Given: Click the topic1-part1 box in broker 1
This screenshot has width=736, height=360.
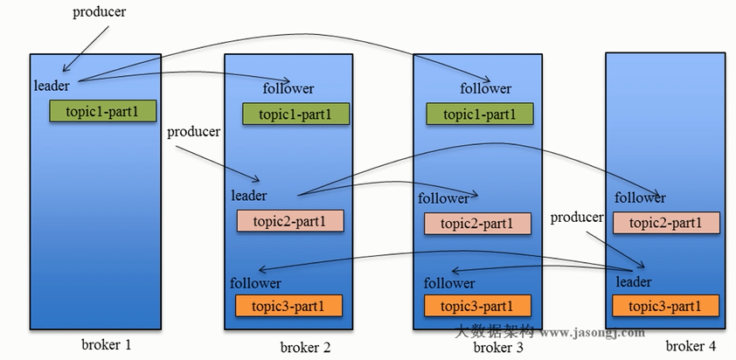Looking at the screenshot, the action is (x=103, y=111).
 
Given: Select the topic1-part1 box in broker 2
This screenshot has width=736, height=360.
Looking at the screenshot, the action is (x=295, y=114).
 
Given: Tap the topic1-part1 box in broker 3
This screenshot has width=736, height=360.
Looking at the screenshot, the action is (x=480, y=114).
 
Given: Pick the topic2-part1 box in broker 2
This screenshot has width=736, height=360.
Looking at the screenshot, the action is (x=290, y=220).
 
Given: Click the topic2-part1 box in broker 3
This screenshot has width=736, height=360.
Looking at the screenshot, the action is (x=478, y=224).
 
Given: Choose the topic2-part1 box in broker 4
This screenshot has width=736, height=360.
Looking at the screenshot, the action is (x=666, y=223).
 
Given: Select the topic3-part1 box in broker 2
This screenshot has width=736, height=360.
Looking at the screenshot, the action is (x=288, y=306).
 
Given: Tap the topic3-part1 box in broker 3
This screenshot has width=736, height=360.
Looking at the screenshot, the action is (x=478, y=306).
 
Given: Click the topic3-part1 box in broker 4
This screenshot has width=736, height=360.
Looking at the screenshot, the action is (x=665, y=306).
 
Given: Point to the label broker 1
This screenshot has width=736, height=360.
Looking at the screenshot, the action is (x=107, y=345).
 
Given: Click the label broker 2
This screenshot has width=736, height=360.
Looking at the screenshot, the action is (x=306, y=347).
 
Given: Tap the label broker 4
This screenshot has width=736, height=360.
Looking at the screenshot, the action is (x=691, y=346).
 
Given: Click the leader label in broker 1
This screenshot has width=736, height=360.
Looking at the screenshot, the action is (x=52, y=86).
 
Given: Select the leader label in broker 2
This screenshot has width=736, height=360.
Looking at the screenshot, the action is (x=249, y=195).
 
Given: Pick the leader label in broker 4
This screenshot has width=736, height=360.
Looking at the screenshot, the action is (x=634, y=281).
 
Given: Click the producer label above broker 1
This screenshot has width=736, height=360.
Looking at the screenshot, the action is (x=100, y=12).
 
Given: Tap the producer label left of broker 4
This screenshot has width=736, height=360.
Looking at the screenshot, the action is (x=577, y=218).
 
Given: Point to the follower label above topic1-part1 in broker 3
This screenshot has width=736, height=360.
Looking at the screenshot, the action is (x=486, y=88).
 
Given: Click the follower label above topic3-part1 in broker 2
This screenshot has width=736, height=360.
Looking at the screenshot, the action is (x=255, y=283).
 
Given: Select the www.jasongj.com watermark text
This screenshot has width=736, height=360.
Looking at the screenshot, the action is (x=593, y=333).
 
